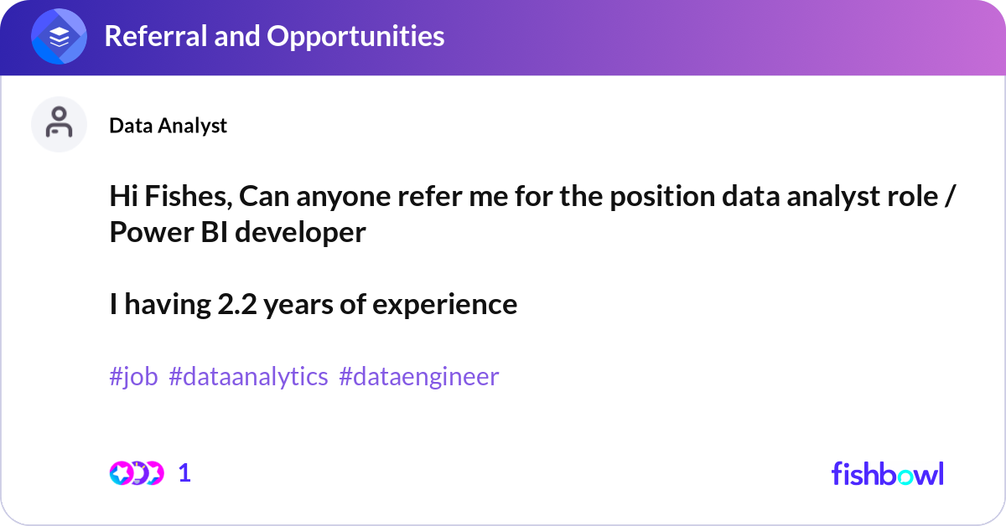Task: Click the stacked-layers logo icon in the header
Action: tap(59, 36)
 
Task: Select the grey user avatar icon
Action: tap(59, 124)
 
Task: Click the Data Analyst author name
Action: tap(168, 126)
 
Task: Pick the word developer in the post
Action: tap(300, 232)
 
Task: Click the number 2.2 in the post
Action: tap(237, 304)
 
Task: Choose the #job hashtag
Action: tap(133, 377)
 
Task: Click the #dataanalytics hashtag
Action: tap(248, 377)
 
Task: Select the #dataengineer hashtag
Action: tap(418, 377)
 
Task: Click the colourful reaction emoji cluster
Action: tap(136, 473)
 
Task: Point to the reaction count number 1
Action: tap(184, 473)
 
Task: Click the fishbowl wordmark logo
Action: tap(887, 473)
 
